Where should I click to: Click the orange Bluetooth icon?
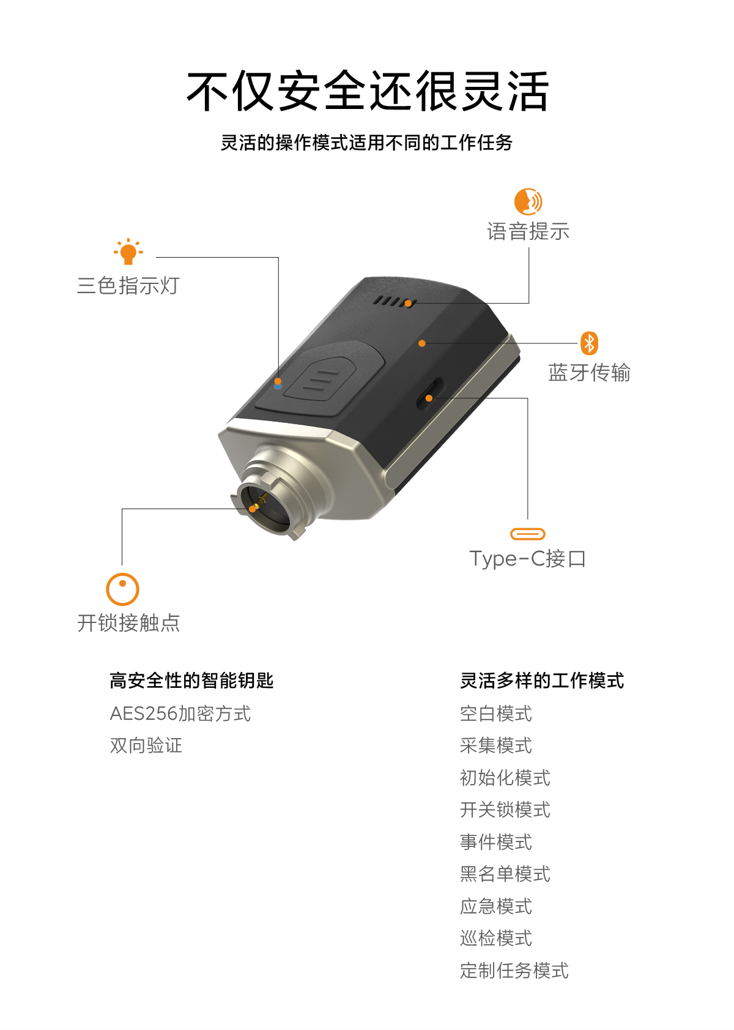pos(589,343)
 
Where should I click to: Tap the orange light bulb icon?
pos(128,252)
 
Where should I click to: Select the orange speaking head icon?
pos(528,201)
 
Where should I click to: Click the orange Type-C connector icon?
pos(528,534)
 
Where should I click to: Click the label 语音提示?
pos(528,231)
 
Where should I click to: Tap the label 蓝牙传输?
pos(589,373)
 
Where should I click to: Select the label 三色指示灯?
pos(128,286)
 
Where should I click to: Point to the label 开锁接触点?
pos(128,623)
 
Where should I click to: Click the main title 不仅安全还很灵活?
pos(367,91)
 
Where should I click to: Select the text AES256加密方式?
pos(180,714)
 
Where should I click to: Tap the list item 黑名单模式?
pos(505,874)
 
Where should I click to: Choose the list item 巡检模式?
pos(496,938)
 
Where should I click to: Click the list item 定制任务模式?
pos(514,971)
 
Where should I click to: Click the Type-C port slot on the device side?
pos(430,394)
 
